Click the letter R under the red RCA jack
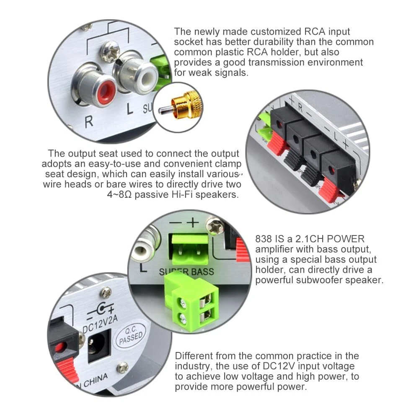(89, 122)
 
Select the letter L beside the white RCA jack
(130, 109)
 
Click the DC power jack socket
(99, 345)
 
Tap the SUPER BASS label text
(186, 272)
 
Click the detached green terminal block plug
(191, 303)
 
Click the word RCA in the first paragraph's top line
(315, 31)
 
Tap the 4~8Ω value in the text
(119, 194)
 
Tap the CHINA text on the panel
(96, 380)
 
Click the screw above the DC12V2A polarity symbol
(106, 292)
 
